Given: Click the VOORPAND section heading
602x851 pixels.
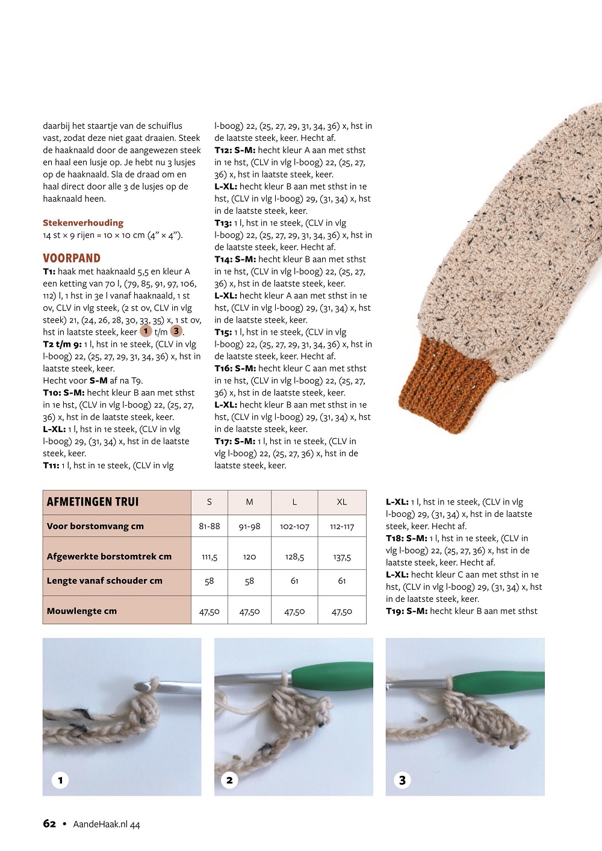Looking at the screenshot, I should click(x=72, y=258).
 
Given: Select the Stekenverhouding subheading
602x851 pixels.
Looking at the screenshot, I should click(x=83, y=223).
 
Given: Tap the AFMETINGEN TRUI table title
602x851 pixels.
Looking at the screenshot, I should click(x=93, y=502).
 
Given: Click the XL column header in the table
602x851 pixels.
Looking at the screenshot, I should click(x=341, y=502).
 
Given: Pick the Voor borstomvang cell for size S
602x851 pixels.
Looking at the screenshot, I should click(x=209, y=527).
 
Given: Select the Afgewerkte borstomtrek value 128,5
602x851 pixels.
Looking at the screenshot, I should click(x=294, y=557).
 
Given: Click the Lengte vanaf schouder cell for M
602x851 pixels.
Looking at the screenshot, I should click(x=249, y=581).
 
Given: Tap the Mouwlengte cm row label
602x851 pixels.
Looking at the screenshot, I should click(x=82, y=611).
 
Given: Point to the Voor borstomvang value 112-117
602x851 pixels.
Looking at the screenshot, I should click(x=341, y=527).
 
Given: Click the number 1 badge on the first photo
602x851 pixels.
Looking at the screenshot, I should click(x=60, y=781).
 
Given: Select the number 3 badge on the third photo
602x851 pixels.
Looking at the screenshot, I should click(x=403, y=781).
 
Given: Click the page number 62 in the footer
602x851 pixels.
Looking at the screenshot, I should click(x=49, y=824).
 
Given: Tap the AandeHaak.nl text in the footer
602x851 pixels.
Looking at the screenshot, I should click(x=100, y=825).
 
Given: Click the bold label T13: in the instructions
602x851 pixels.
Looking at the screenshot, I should click(x=223, y=223).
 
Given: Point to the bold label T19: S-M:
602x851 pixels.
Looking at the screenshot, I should click(x=407, y=611).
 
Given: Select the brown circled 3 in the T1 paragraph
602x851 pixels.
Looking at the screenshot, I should click(x=176, y=331).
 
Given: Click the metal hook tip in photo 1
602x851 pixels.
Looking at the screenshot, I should click(x=140, y=685).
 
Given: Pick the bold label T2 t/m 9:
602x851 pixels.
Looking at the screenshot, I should click(x=62, y=344).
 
